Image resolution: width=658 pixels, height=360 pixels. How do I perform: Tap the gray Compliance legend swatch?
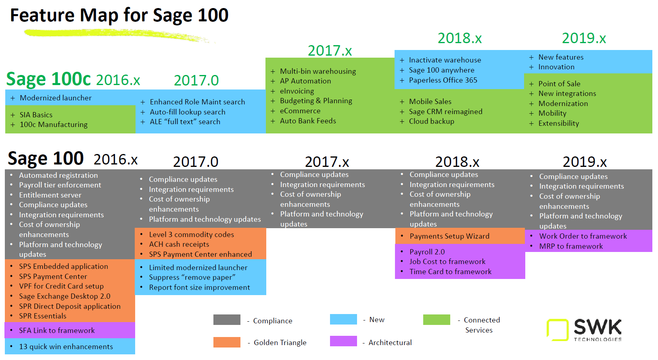click(227, 320)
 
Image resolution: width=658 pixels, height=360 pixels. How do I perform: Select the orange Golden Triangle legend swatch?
click(227, 342)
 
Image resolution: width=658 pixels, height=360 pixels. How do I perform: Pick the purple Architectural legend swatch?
click(343, 341)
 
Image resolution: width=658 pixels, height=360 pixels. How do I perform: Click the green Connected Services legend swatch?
click(437, 320)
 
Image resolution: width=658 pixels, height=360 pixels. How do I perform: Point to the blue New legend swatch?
click(343, 319)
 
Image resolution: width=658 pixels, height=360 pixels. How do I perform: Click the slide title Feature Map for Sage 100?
click(119, 15)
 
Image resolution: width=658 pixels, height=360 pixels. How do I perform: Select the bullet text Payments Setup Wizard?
click(449, 236)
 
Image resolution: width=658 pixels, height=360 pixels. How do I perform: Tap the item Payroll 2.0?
click(427, 252)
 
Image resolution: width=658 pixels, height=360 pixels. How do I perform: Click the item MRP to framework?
click(571, 246)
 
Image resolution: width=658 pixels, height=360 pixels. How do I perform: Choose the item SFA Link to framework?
click(57, 331)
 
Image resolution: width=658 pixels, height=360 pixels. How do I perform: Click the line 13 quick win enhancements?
click(66, 347)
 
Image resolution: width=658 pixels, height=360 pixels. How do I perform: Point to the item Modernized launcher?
click(56, 98)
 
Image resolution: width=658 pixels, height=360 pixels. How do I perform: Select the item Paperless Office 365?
click(443, 80)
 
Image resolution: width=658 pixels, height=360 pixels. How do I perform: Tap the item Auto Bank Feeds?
click(308, 121)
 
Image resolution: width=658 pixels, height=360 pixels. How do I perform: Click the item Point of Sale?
click(559, 84)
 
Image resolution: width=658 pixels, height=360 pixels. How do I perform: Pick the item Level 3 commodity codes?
click(191, 235)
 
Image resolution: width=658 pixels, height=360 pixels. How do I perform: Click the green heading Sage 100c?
click(48, 79)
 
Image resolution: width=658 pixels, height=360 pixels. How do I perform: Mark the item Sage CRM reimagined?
click(445, 112)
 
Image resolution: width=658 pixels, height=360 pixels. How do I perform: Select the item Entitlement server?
click(50, 195)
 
